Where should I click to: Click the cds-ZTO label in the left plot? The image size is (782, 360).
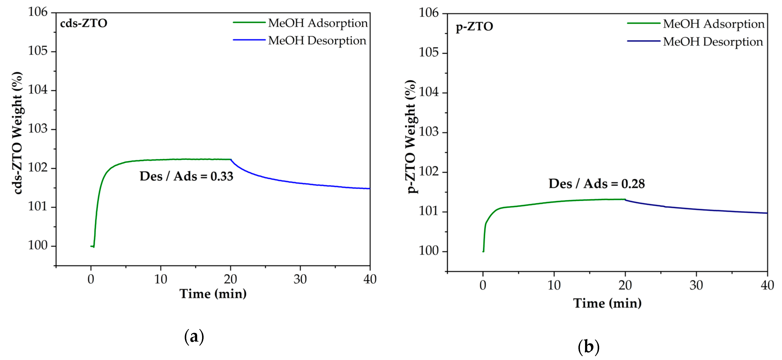click(x=83, y=23)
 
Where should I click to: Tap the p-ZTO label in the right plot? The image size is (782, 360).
click(x=474, y=27)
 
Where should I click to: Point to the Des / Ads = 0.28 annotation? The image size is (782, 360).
click(x=597, y=184)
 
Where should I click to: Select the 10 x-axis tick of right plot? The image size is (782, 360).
click(x=554, y=285)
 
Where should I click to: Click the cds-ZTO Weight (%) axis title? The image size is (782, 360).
click(x=18, y=133)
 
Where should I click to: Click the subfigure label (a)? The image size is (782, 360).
click(x=194, y=336)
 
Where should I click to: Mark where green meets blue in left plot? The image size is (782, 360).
click(x=231, y=159)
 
